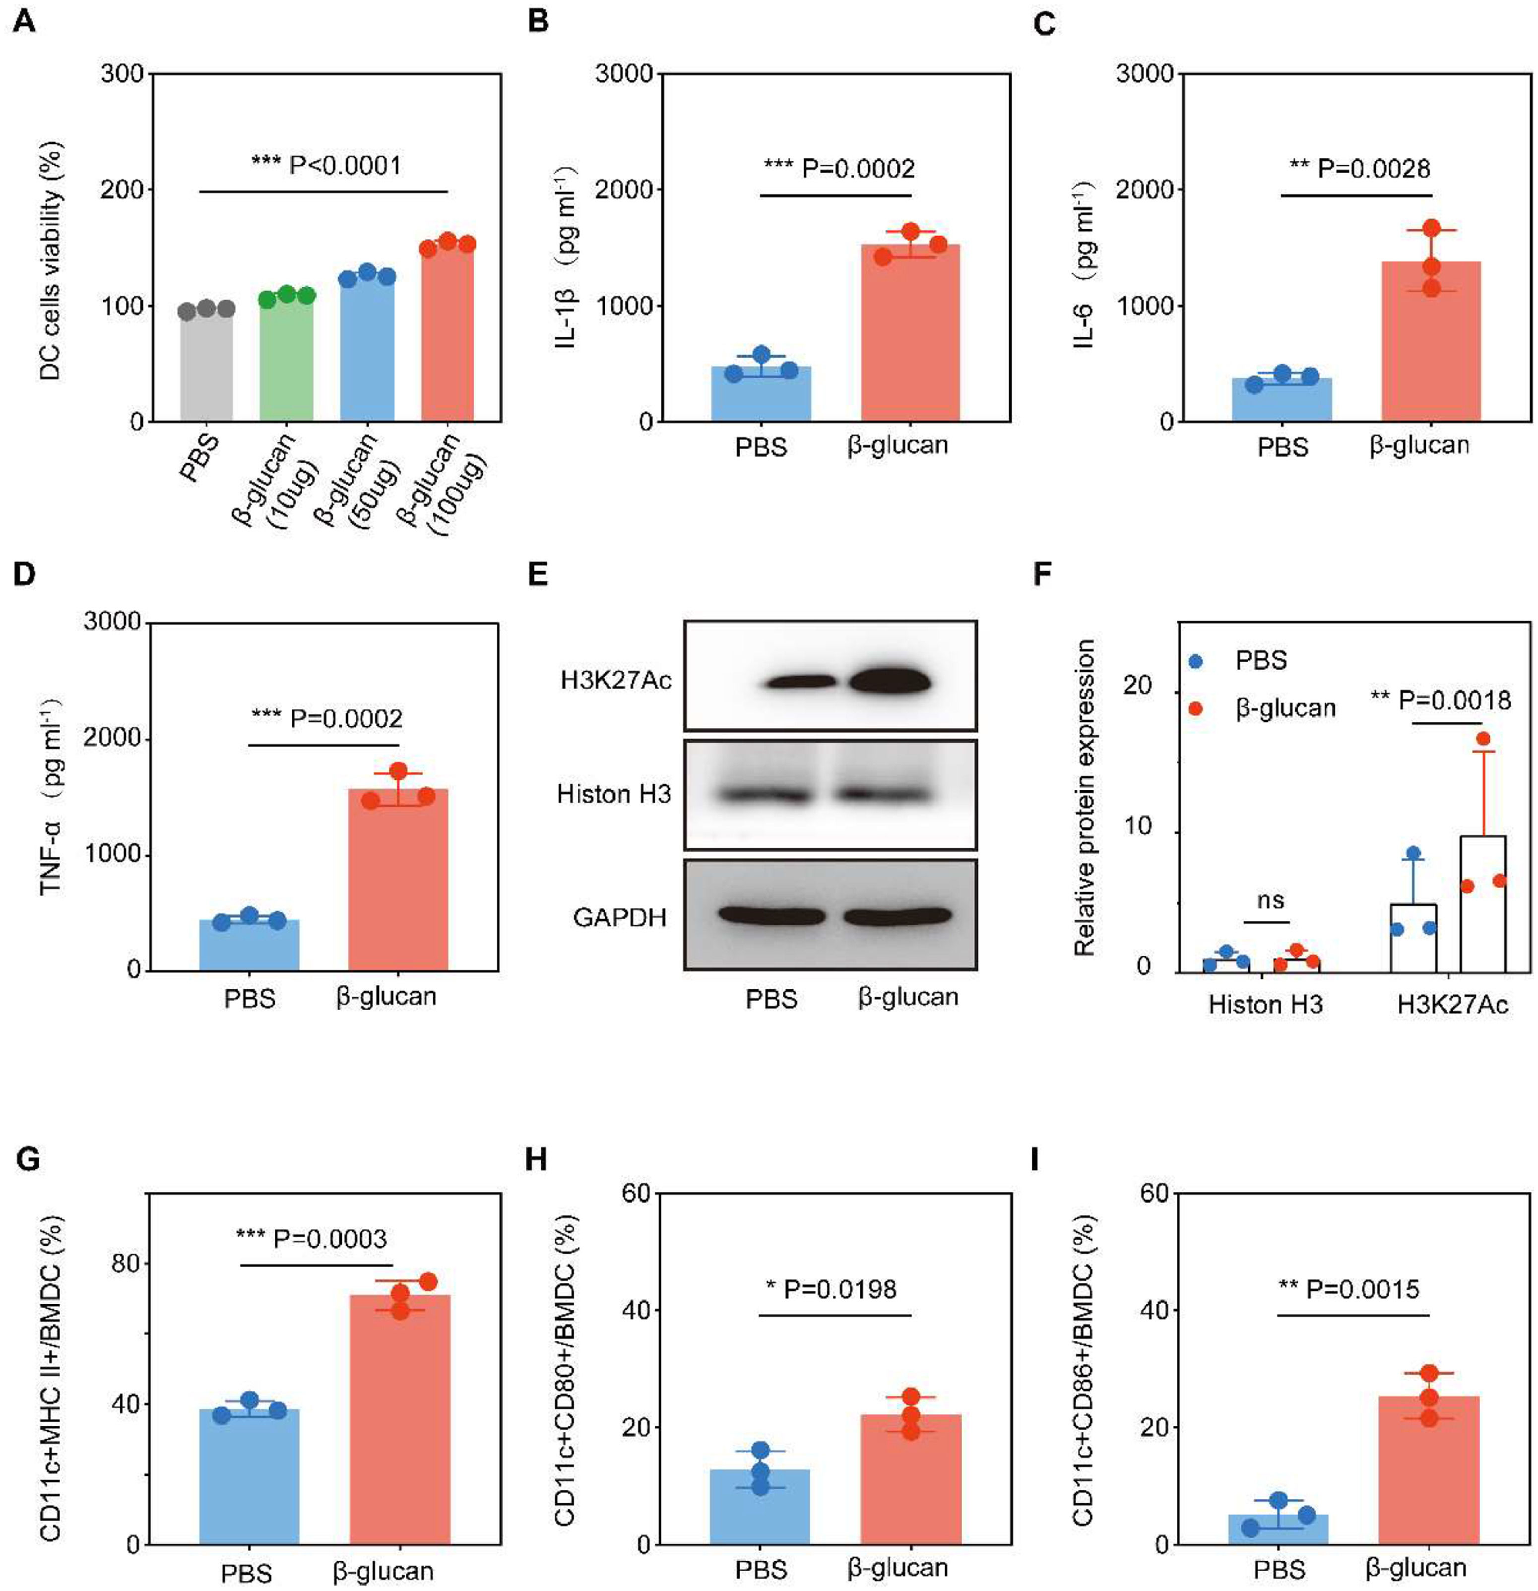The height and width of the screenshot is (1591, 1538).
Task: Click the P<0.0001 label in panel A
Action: click(326, 166)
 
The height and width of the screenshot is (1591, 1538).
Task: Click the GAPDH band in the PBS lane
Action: click(771, 916)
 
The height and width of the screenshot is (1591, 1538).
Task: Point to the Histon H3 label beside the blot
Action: click(614, 793)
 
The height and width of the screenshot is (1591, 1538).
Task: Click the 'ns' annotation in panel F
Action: click(1270, 900)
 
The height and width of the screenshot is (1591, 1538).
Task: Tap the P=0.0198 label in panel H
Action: click(832, 1289)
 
